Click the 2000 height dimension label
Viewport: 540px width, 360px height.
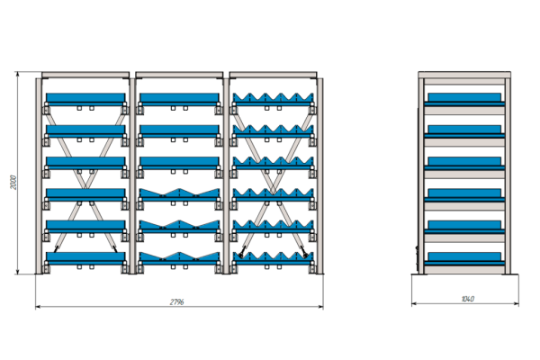click(13, 182)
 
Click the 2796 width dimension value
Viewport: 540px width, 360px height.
click(176, 301)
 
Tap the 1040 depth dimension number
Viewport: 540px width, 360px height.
click(467, 299)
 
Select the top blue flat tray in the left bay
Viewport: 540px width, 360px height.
click(85, 99)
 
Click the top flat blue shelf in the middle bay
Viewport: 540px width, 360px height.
click(179, 99)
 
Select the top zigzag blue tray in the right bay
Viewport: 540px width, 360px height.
click(273, 99)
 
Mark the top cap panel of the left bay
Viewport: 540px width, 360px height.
click(85, 75)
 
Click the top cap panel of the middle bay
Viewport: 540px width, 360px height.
click(179, 75)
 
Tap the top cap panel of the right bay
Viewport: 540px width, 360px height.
click(273, 75)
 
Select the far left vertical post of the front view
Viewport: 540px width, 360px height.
click(39, 175)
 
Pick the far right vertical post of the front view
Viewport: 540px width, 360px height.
click(319, 175)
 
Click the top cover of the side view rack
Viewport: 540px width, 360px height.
click(464, 75)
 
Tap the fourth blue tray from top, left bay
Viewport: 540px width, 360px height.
click(85, 194)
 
